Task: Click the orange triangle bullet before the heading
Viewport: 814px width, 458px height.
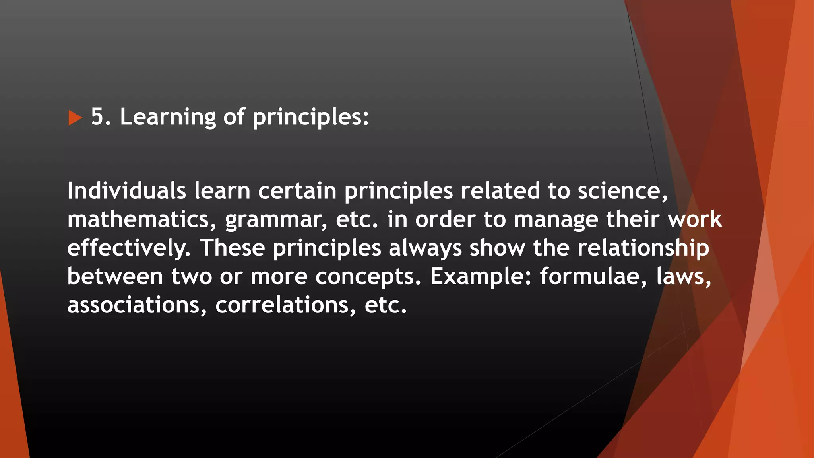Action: [75, 118]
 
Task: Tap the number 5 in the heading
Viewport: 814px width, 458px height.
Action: [98, 117]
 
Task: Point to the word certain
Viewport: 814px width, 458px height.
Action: [297, 191]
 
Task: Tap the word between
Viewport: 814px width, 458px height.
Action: [115, 276]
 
